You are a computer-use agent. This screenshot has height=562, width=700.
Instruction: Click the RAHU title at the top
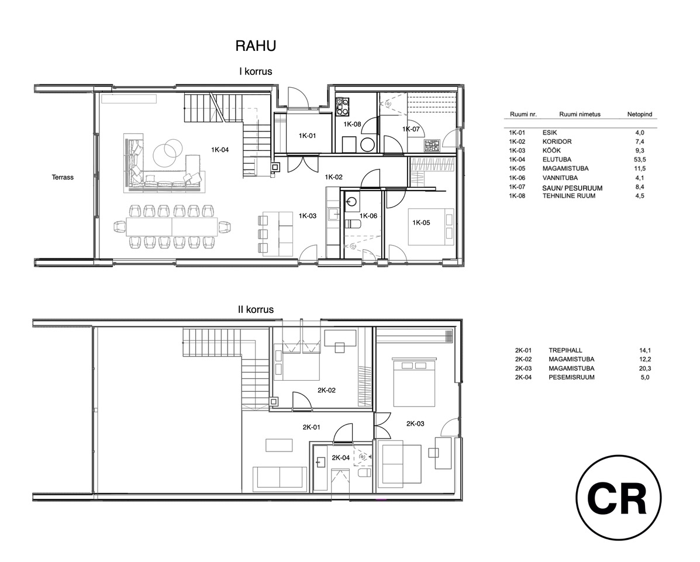[256, 46]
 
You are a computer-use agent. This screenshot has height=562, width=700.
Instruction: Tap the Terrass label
[63, 177]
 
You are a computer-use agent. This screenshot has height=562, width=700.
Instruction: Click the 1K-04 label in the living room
[220, 150]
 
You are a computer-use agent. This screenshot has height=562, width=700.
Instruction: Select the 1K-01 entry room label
[307, 136]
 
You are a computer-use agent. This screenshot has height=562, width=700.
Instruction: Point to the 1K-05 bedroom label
[421, 222]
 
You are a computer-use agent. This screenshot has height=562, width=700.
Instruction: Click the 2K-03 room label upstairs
[415, 423]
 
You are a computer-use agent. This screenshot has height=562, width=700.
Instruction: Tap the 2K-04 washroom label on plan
[340, 457]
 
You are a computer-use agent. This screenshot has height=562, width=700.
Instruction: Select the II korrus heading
[256, 309]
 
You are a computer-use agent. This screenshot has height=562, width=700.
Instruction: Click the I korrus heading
[256, 71]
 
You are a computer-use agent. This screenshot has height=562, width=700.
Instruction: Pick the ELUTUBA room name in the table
[557, 159]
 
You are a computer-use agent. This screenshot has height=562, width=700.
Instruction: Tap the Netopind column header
[640, 114]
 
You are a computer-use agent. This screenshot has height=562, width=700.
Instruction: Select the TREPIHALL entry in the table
[565, 350]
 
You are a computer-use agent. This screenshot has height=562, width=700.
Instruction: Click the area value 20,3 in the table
[644, 368]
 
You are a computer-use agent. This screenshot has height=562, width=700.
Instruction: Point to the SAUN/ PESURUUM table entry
[573, 188]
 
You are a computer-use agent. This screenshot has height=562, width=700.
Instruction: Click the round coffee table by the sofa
[168, 154]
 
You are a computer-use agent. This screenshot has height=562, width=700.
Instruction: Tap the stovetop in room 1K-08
[343, 106]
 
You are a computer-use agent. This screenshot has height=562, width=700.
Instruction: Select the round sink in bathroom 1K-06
[352, 203]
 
